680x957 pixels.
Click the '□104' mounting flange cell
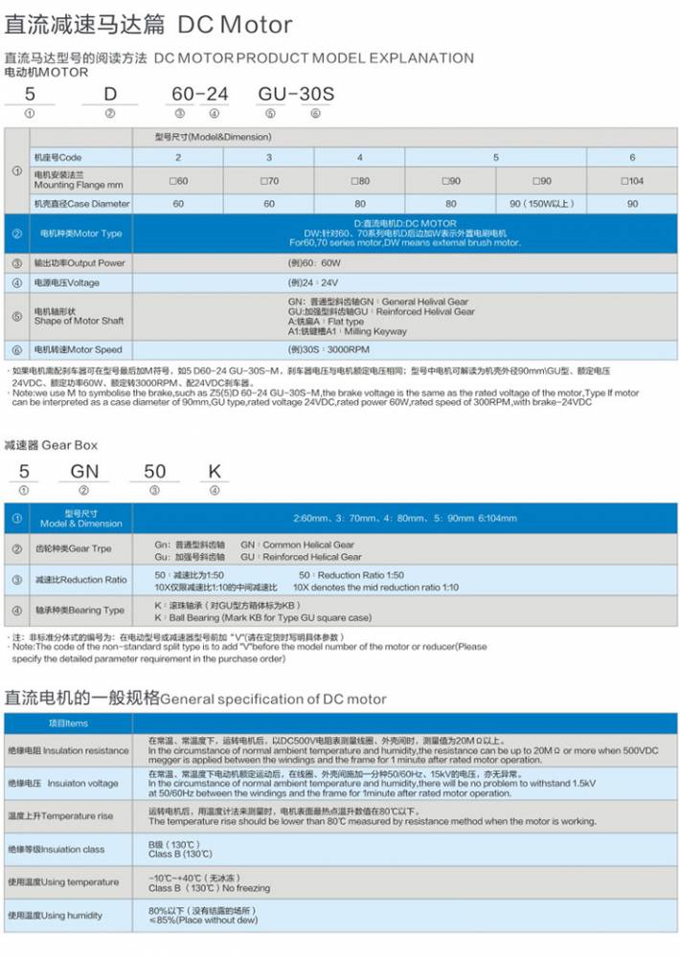pyautogui.click(x=631, y=181)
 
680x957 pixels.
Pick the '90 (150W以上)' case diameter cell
pyautogui.click(x=541, y=203)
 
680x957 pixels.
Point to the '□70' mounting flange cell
pyautogui.click(x=268, y=181)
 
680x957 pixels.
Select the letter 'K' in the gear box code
pyautogui.click(x=215, y=471)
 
